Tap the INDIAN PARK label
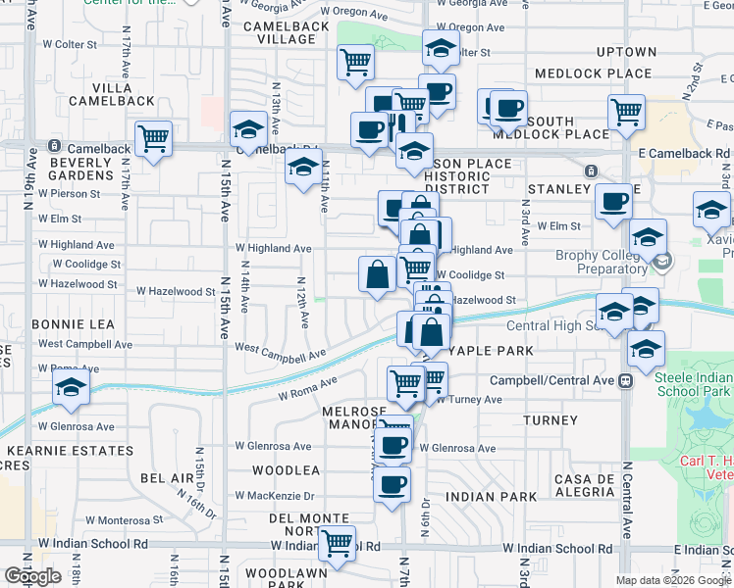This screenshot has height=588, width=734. click(x=491, y=497)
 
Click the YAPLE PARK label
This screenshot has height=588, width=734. click(x=491, y=351)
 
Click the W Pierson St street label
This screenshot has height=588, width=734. click(x=69, y=194)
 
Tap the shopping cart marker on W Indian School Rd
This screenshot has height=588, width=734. click(x=339, y=542)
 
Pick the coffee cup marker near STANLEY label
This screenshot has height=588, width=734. click(x=614, y=202)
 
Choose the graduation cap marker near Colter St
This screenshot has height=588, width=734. click(x=441, y=47)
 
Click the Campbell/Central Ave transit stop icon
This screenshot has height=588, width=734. click(x=625, y=380)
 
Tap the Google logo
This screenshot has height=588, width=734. click(x=33, y=576)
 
